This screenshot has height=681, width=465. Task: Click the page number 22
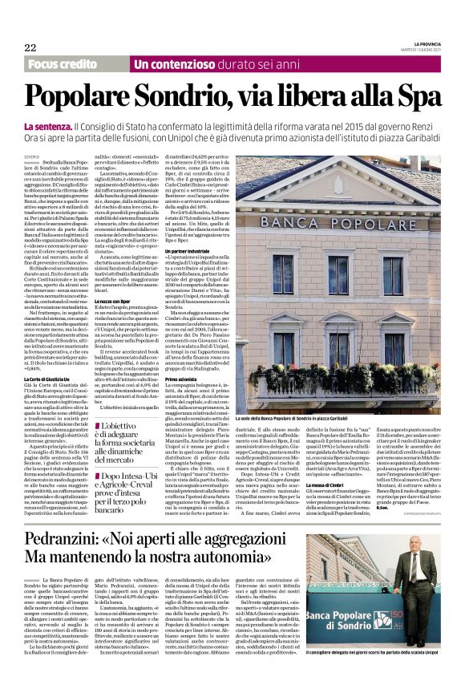(30, 48)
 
